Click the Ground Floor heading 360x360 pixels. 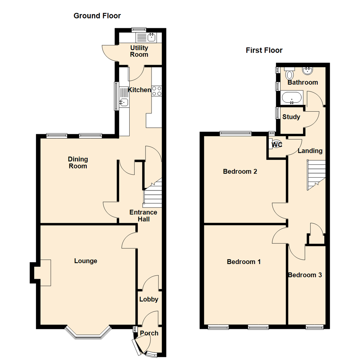tap(97, 16)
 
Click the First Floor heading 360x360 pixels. tap(264, 50)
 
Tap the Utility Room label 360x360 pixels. tap(139, 51)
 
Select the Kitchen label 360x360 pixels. tap(140, 90)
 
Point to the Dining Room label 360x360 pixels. tap(78, 162)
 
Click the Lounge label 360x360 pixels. tap(86, 261)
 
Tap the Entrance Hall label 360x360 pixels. tap(143, 216)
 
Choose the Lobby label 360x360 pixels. tap(149, 299)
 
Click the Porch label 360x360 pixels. tap(149, 333)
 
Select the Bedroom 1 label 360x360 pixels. tap(244, 262)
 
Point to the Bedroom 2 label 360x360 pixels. tap(240, 172)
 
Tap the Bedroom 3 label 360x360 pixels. tap(305, 275)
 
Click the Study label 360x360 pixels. tap(291, 117)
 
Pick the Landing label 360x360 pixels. tap(310, 151)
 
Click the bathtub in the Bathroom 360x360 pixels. tap(292, 98)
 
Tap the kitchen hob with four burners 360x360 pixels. tap(157, 91)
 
